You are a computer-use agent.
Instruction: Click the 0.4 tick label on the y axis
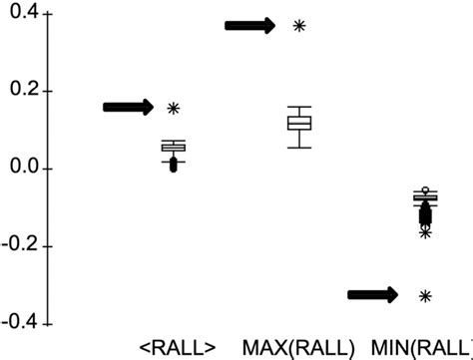click(x=22, y=15)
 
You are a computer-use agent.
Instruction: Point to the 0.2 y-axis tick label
click(x=22, y=92)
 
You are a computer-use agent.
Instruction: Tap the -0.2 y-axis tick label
click(x=19, y=245)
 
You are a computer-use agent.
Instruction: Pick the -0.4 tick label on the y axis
click(x=19, y=322)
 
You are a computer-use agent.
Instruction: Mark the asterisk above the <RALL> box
click(x=174, y=108)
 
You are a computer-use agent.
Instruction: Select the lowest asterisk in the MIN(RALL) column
click(x=425, y=295)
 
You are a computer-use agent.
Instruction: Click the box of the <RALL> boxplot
click(x=174, y=148)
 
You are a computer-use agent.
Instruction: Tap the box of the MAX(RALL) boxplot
click(x=299, y=123)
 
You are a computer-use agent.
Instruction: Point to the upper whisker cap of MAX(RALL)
click(x=299, y=107)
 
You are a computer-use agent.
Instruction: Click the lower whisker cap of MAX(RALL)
click(x=299, y=148)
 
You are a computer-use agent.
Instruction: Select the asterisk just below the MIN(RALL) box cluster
click(x=425, y=232)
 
